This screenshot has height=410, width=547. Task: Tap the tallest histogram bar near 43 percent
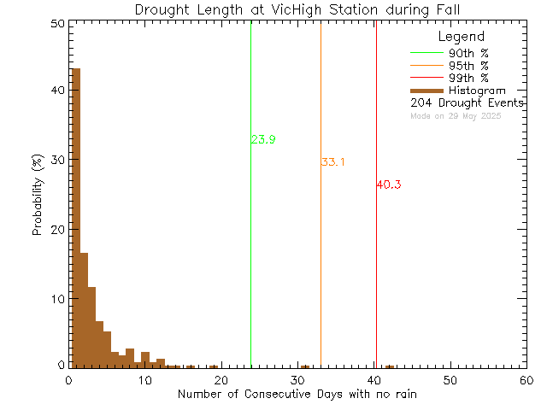pos(75,214)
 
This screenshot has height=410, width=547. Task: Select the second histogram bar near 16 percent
pos(84,307)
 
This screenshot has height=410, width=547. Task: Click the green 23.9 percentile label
pos(263,140)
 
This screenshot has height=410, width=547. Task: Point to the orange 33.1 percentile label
pos(332,162)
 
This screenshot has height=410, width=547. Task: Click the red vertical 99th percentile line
pos(376,256)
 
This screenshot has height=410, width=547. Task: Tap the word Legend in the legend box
pos(461,37)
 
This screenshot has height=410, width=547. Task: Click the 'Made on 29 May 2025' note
pos(456,115)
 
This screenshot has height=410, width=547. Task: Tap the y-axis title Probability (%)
pos(38,195)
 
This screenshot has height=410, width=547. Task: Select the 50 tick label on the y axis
pos(56,25)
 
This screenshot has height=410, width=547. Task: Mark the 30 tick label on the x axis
pos(297,380)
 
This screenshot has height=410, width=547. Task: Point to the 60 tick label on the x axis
pos(526,380)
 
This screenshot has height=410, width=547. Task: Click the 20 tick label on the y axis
pos(56,230)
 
